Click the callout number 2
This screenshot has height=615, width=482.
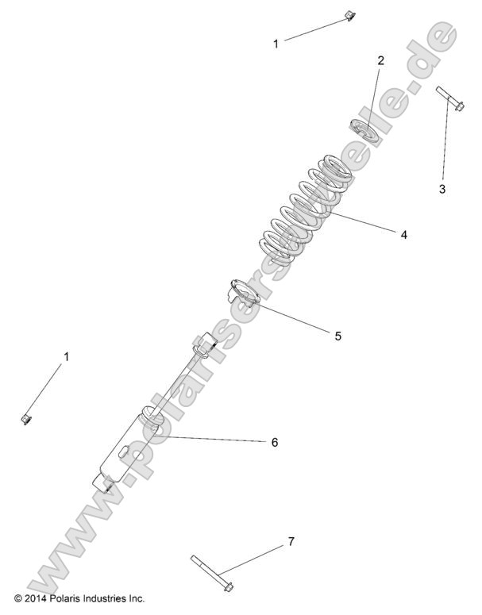point(380,60)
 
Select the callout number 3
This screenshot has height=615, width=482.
point(442,189)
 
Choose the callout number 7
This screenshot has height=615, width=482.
point(291,541)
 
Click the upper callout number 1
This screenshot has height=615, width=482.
point(276,44)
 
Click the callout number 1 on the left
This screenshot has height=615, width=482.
point(67,357)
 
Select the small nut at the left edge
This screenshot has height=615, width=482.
point(25,417)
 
